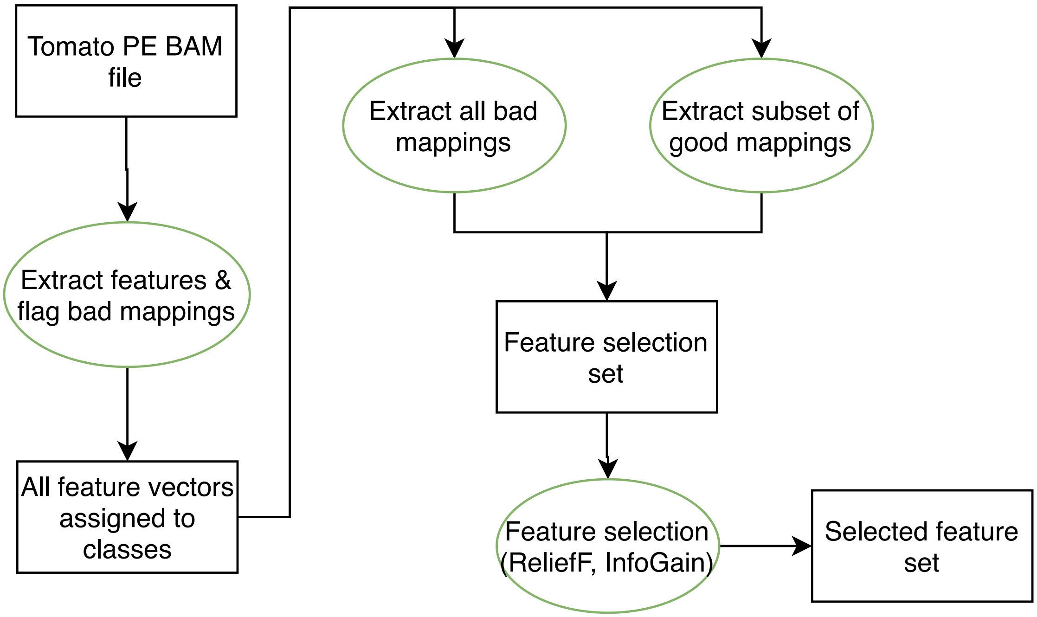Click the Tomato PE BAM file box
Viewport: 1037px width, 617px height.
[126, 61]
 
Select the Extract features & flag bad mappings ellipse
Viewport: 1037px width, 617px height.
[127, 295]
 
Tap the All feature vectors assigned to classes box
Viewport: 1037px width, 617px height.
[127, 517]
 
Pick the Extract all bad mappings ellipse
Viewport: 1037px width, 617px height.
[454, 126]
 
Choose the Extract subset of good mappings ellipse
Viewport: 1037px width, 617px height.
[761, 126]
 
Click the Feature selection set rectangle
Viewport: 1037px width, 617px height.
[606, 357]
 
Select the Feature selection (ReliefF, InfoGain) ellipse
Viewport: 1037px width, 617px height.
[607, 546]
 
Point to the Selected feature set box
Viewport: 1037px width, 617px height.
[921, 546]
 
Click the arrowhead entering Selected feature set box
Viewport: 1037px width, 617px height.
[802, 546]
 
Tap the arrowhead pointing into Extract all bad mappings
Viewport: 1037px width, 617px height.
[454, 48]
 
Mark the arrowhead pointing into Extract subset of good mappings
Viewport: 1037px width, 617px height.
[761, 48]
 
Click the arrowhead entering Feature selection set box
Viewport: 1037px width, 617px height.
[607, 291]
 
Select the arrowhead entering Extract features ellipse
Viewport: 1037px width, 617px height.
[128, 212]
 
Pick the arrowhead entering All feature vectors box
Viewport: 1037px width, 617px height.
[128, 451]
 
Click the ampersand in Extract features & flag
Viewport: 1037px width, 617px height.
[223, 280]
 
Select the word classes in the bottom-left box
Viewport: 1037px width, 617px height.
[127, 550]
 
